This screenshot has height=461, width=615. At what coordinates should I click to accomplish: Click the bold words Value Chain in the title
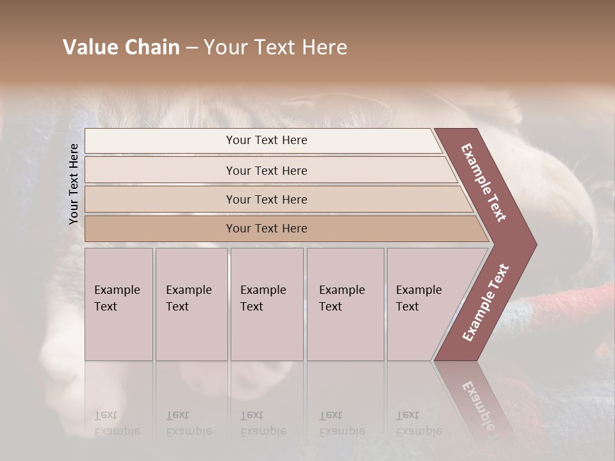pyautogui.click(x=121, y=47)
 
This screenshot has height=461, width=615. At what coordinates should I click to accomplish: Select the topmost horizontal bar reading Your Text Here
pyautogui.click(x=266, y=140)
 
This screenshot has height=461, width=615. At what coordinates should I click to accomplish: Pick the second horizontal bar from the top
pyautogui.click(x=266, y=170)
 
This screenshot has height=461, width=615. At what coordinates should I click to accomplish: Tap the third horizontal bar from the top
pyautogui.click(x=266, y=199)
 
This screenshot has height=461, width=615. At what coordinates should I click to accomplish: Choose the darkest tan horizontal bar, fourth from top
pyautogui.click(x=266, y=229)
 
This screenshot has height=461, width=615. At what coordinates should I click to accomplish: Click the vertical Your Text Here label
pyautogui.click(x=74, y=184)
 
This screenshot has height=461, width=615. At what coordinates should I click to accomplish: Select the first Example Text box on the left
pyautogui.click(x=119, y=304)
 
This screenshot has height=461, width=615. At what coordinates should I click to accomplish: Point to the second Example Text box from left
pyautogui.click(x=191, y=304)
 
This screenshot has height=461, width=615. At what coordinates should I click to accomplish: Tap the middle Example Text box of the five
pyautogui.click(x=266, y=304)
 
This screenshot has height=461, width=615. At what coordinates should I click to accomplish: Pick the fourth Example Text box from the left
pyautogui.click(x=345, y=304)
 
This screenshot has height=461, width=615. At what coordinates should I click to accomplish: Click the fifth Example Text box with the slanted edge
pyautogui.click(x=423, y=304)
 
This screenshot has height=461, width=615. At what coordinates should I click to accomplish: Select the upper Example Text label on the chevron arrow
pyautogui.click(x=484, y=182)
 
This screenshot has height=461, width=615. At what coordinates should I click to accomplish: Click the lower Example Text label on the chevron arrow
pyautogui.click(x=486, y=302)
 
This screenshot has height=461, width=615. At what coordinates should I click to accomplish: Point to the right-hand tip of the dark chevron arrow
pyautogui.click(x=535, y=244)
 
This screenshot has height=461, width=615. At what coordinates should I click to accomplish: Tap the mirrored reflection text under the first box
pyautogui.click(x=117, y=423)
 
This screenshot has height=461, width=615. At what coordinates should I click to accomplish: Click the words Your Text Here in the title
pyautogui.click(x=275, y=47)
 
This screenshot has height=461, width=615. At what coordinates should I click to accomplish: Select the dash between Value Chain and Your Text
pyautogui.click(x=192, y=48)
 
